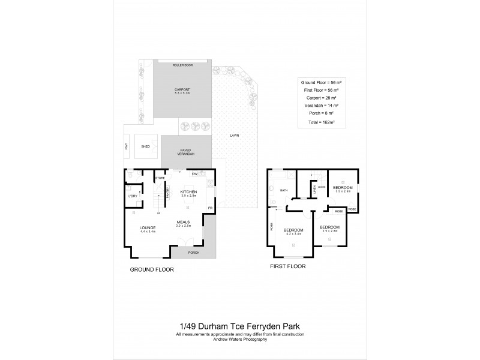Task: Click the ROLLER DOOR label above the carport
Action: [181, 64]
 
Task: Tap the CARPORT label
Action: [182, 89]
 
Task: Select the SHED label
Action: [145, 145]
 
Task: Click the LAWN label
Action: [235, 136]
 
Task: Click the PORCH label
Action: [193, 253]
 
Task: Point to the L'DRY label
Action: [133, 196]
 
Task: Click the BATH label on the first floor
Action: [284, 191]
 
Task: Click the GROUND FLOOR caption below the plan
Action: [152, 270]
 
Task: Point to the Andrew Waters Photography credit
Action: [240, 338]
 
